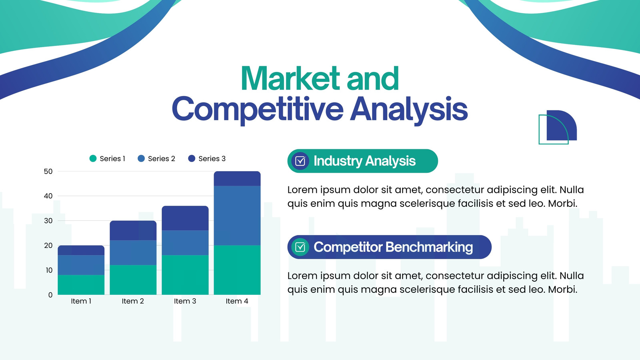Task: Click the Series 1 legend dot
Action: [93, 158]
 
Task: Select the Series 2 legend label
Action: [162, 158]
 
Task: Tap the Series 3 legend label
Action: [212, 158]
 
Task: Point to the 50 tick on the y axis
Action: [48, 172]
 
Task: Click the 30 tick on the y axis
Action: [48, 220]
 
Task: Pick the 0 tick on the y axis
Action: [50, 295]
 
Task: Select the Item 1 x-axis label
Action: [81, 301]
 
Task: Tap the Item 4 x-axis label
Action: [237, 301]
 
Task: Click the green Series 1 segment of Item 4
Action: [237, 270]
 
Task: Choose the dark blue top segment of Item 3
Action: [185, 218]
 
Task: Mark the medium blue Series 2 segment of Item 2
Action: [133, 252]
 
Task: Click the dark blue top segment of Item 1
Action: [81, 250]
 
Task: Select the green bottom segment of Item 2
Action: [133, 280]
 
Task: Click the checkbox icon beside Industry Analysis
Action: [300, 161]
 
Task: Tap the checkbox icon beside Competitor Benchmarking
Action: [300, 247]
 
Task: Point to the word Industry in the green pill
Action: [338, 161]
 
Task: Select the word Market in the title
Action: [290, 78]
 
